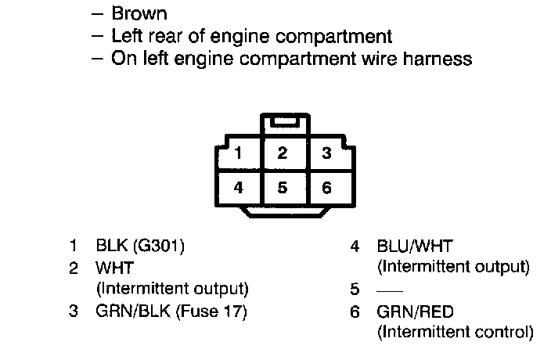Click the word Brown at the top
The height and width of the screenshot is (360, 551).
[139, 13]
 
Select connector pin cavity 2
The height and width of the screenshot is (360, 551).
[282, 153]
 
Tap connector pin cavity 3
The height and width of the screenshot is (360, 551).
[327, 153]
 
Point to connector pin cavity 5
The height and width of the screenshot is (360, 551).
[282, 188]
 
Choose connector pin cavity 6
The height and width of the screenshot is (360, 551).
[327, 188]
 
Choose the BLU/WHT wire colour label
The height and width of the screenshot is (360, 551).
[415, 247]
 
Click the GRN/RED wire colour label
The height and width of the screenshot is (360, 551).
[415, 311]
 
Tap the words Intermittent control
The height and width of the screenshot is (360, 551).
[455, 333]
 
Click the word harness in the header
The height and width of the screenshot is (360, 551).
[438, 58]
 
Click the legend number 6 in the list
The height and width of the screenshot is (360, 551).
[355, 311]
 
